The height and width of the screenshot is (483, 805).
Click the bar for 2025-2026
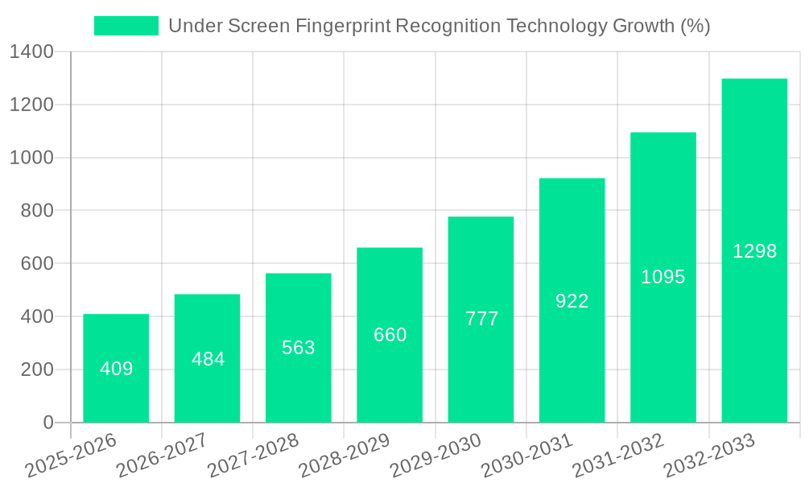(116, 368)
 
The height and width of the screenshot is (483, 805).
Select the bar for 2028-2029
(390, 335)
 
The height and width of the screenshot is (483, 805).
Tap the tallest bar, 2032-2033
(754, 250)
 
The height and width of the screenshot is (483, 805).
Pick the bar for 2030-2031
(572, 300)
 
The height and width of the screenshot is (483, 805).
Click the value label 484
(208, 359)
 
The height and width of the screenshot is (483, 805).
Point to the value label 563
(299, 348)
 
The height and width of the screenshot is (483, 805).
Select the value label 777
(481, 319)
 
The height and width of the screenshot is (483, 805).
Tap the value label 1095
(663, 277)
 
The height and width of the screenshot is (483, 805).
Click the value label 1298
(754, 251)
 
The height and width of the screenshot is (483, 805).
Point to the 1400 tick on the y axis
(31, 52)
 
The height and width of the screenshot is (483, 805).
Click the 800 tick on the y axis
(37, 211)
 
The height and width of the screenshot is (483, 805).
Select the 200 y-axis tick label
(37, 369)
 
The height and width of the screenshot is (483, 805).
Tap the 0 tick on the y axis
(47, 423)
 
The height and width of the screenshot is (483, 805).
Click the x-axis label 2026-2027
(161, 456)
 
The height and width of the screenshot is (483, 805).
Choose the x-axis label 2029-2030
(435, 456)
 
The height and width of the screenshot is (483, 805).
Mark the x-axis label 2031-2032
(617, 456)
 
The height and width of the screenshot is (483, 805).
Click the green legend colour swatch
(126, 26)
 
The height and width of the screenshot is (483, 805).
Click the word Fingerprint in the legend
(343, 26)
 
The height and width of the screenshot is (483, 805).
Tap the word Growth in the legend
(642, 26)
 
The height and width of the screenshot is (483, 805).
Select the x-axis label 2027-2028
(253, 456)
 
